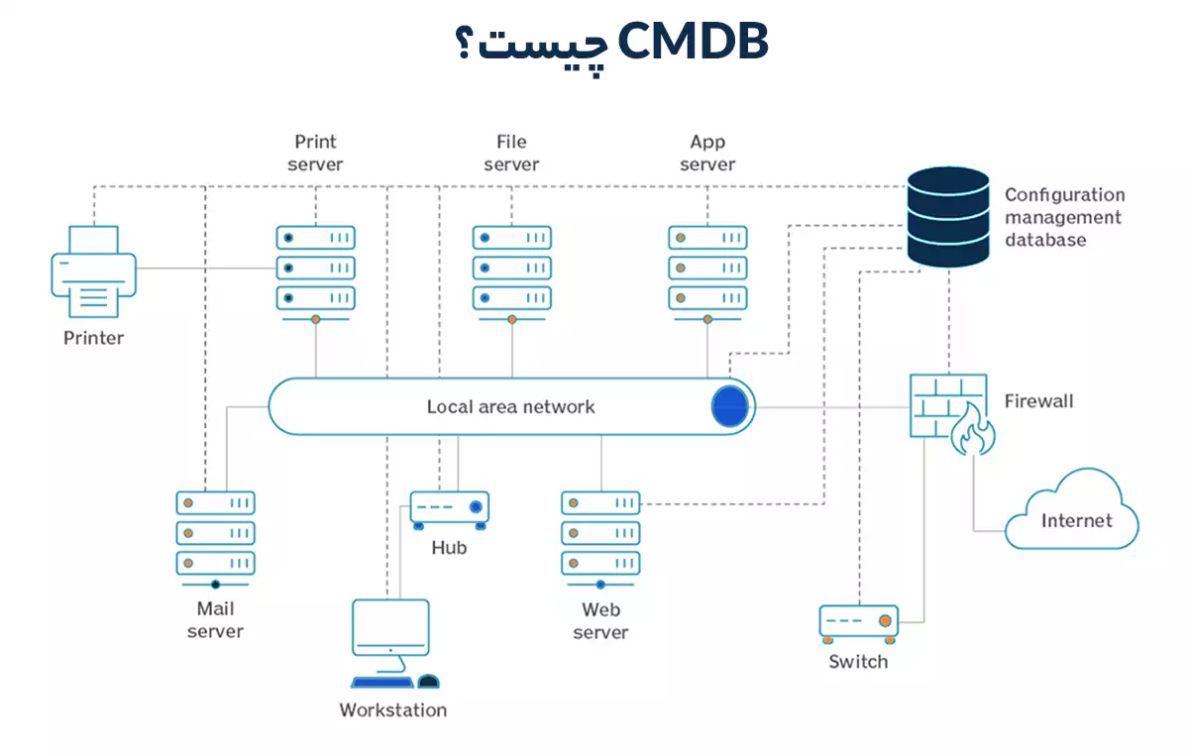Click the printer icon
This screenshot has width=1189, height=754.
click(93, 271)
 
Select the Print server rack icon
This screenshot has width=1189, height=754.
click(315, 268)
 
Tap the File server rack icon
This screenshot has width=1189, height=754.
click(511, 268)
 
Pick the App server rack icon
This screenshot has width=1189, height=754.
click(707, 268)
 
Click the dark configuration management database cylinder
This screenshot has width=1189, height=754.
click(948, 217)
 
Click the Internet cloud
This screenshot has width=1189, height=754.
click(1073, 511)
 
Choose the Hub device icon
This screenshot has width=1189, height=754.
click(449, 508)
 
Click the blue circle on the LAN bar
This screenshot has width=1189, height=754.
click(729, 407)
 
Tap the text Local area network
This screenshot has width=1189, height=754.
click(510, 406)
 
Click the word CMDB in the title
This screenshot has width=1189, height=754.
click(693, 43)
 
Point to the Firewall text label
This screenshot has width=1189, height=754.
click(1038, 401)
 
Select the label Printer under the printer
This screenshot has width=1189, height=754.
click(93, 338)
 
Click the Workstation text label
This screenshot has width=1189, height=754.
click(392, 709)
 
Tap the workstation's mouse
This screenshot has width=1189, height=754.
click(428, 681)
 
